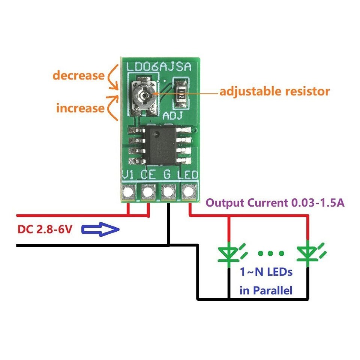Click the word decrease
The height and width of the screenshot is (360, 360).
tap(78, 75)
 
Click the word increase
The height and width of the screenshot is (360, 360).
tap(80, 108)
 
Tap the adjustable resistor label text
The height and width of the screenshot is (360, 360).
tap(274, 91)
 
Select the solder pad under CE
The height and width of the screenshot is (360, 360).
tap(148, 192)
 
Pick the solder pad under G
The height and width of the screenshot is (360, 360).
tap(168, 192)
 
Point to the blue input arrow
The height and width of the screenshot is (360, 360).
tap(100, 229)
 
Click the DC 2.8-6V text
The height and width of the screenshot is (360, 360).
tap(44, 229)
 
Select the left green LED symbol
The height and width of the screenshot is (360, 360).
tap(229, 253)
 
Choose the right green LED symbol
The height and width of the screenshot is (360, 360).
tap(308, 253)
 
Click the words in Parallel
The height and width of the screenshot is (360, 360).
tap(266, 290)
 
